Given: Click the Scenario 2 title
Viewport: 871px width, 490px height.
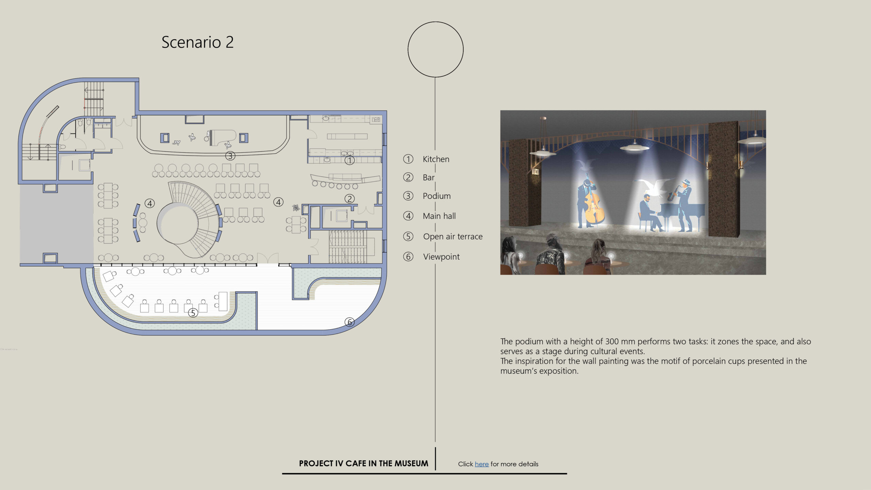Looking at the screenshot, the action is coord(197,43).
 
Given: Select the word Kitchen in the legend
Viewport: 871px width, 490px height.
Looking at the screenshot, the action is coord(436,159).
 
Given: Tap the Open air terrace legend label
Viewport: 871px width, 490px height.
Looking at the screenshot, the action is coord(453,236).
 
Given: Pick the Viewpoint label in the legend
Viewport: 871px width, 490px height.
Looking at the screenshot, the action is coord(441,257).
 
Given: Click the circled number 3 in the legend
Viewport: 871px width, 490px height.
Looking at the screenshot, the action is coord(408,196).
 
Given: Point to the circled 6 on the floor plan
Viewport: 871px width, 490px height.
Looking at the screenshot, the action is coord(349,322).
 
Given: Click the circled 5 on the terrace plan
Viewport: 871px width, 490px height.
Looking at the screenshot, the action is coord(193,313).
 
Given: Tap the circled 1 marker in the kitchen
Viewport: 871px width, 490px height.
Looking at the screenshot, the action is coord(349,160).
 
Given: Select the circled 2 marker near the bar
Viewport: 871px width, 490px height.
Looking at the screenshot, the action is coord(349,199).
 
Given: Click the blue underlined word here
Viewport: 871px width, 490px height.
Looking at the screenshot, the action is coord(481,464).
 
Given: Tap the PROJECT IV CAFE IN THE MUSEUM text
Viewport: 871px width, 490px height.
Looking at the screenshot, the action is coord(363,463).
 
